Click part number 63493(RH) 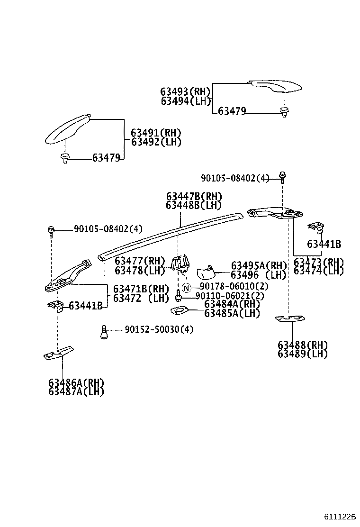[x=185, y=91]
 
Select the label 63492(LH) [x=156, y=142]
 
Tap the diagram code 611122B [x=340, y=516]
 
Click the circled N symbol [x=187, y=288]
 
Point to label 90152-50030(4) [x=159, y=329]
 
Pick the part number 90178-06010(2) [x=234, y=287]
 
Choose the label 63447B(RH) [x=194, y=196]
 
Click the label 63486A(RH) [x=76, y=383]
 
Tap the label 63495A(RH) [x=259, y=266]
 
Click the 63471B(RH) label [x=141, y=289]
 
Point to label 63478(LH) [x=139, y=271]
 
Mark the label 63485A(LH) [x=232, y=313]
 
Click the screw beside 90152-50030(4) [x=103, y=333]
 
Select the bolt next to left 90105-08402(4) [x=51, y=231]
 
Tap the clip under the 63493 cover [x=284, y=112]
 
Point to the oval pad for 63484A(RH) [x=178, y=311]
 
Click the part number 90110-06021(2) [x=230, y=296]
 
